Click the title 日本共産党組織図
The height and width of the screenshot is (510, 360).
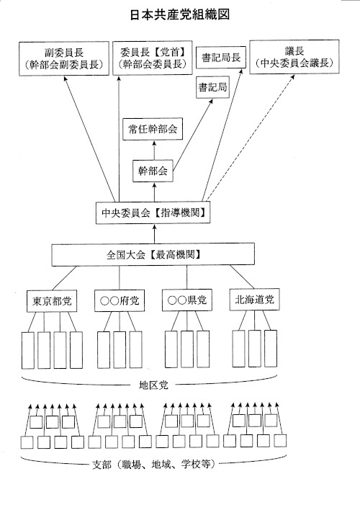click(x=180, y=15)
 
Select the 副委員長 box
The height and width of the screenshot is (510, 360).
click(x=64, y=58)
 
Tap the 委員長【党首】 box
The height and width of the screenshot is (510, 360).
click(x=153, y=58)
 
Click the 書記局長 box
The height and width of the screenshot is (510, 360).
click(x=221, y=58)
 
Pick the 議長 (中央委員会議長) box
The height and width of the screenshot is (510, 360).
click(x=294, y=57)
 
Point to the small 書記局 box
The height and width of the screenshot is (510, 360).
click(x=212, y=87)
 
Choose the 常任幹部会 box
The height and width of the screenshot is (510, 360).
click(x=153, y=130)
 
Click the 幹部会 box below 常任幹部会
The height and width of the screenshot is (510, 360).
click(x=153, y=171)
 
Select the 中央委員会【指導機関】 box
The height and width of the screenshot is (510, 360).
click(x=153, y=213)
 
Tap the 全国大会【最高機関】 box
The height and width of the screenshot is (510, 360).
click(x=153, y=254)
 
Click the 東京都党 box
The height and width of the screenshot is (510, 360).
click(x=52, y=301)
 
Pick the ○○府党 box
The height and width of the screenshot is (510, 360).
click(x=120, y=300)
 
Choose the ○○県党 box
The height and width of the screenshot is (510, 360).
click(x=187, y=300)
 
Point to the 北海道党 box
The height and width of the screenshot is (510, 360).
click(x=255, y=299)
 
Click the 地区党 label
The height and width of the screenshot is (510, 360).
click(x=153, y=385)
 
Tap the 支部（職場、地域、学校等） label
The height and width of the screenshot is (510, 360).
click(x=153, y=465)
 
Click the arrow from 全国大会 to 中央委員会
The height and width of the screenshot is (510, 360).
click(x=155, y=233)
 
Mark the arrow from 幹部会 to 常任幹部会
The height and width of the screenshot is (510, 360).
click(x=154, y=151)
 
